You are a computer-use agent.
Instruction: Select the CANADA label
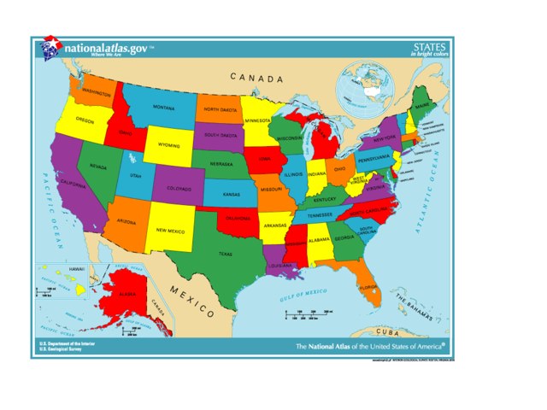[x=256, y=79]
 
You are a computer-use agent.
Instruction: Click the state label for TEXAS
[x=225, y=254]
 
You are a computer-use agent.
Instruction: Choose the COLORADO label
[x=179, y=188]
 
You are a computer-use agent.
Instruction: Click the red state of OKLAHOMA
[x=236, y=219]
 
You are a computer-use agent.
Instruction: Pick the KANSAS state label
[x=232, y=194]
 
